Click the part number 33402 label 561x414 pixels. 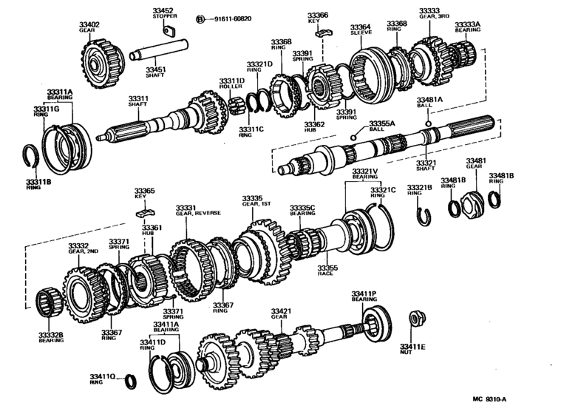pyautogui.click(x=89, y=26)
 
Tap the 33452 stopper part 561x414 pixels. pyautogui.click(x=167, y=31)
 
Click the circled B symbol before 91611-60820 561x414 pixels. pyautogui.click(x=200, y=18)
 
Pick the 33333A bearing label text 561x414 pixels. pyautogui.click(x=467, y=25)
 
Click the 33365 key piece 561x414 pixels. pyautogui.click(x=144, y=212)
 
